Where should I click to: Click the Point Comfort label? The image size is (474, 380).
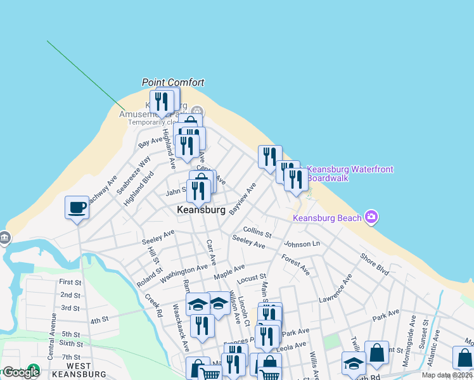tap(173, 82)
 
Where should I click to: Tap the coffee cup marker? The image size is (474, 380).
tap(77, 208)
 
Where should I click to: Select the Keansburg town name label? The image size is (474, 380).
tap(202, 210)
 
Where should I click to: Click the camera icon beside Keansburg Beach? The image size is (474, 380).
tap(371, 217)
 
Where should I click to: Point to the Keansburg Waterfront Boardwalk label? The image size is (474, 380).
tap(350, 174)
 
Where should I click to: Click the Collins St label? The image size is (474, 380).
tap(257, 232)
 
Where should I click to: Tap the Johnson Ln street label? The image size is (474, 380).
tap(302, 244)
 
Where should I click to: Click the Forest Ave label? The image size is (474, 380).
tap(296, 264)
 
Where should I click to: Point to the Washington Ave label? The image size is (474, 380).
tap(184, 273)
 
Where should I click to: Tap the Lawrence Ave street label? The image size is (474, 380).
tap(335, 289)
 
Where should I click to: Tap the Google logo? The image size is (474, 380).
tap(21, 372)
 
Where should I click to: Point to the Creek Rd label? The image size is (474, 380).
tap(153, 306)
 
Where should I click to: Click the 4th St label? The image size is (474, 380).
tap(99, 321)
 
